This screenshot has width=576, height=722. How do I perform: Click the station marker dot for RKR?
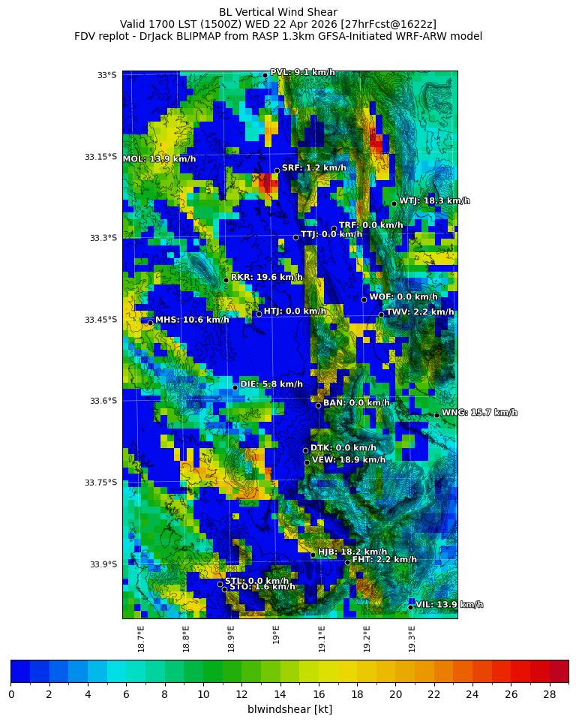coord(226,280)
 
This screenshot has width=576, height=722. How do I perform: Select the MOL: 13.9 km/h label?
coord(159,159)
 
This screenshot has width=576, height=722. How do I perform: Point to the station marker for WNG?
coord(436,415)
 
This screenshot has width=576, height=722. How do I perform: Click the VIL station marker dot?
coord(411,606)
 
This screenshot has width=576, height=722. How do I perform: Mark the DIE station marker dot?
coord(235,387)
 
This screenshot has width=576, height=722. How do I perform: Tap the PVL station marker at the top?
coord(265,75)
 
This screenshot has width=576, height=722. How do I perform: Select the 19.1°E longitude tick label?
coord(322,638)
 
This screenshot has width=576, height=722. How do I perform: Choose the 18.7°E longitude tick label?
coord(141,638)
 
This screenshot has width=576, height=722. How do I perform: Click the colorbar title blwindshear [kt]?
coord(289,709)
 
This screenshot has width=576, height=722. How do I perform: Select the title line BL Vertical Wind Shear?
coord(278,12)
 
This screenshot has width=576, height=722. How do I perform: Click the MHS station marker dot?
coord(150,323)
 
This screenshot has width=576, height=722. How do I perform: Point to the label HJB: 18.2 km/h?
coord(352,552)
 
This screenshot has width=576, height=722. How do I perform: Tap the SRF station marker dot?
coord(277,170)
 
